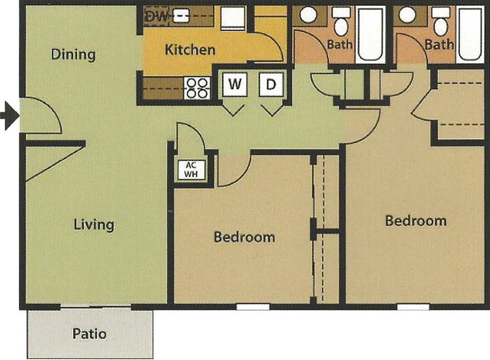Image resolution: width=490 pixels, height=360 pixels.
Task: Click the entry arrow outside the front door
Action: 9,116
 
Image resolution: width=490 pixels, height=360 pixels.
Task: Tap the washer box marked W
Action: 235,84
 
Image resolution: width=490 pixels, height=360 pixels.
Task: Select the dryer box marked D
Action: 271,84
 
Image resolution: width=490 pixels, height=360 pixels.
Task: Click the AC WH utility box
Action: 191,169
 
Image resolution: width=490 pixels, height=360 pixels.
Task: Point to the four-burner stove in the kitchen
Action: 197,88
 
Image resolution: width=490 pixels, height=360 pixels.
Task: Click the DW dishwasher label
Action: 157,16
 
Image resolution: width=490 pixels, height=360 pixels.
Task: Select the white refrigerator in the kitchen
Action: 233,18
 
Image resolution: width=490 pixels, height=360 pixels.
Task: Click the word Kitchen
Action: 190,49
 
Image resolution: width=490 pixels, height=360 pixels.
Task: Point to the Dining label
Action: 73,54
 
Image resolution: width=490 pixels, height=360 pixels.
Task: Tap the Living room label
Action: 94,225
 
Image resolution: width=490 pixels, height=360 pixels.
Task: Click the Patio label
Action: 89,334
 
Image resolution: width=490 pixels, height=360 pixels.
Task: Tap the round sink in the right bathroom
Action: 408,15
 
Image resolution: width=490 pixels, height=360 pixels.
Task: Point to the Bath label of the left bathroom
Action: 340,45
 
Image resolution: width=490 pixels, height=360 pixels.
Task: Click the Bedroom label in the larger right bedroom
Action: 416,221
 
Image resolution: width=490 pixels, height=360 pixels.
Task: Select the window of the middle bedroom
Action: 253,307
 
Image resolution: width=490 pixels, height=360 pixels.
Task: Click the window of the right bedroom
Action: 413,307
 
